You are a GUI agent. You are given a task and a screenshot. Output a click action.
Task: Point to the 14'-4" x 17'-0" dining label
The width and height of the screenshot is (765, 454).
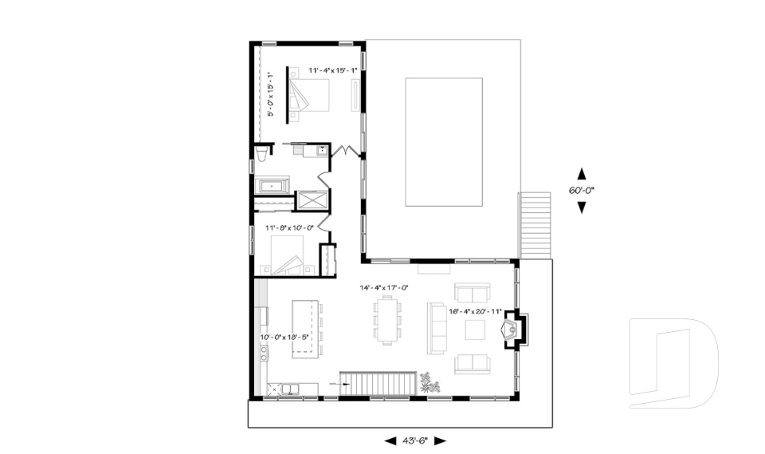pyautogui.click(x=384, y=287)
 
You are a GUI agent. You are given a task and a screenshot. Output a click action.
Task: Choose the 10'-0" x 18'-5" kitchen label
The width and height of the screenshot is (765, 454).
pyautogui.click(x=284, y=338)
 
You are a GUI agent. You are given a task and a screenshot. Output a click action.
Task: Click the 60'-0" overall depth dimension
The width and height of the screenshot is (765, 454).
pyautogui.click(x=582, y=191)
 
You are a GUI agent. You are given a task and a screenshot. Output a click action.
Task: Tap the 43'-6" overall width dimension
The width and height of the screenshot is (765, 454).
pyautogui.click(x=415, y=440)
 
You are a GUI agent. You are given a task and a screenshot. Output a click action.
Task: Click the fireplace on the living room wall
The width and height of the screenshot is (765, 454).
pyautogui.click(x=509, y=330)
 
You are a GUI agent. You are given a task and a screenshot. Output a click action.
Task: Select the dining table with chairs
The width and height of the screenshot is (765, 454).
pyautogui.click(x=388, y=320)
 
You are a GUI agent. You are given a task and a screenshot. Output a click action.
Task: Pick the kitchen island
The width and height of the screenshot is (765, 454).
pyautogui.click(x=304, y=328)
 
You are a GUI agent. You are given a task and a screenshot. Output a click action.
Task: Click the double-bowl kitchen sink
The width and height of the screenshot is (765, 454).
pyautogui.click(x=284, y=389)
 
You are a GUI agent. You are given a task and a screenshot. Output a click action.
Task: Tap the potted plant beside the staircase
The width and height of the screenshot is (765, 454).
pyautogui.click(x=430, y=382)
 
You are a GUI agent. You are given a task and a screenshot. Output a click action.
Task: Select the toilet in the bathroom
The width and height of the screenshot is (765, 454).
pyautogui.click(x=262, y=156)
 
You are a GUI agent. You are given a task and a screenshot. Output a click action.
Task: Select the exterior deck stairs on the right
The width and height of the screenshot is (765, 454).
pyautogui.click(x=535, y=226)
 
